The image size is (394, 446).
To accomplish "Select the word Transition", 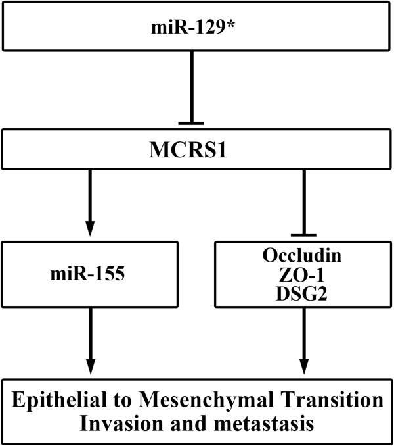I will [x=335, y=401].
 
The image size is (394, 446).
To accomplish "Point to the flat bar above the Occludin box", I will [x=303, y=235].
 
